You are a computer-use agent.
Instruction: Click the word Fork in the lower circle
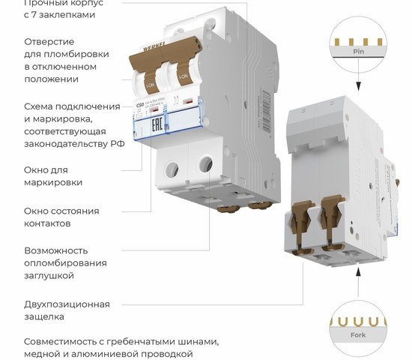point(359,336)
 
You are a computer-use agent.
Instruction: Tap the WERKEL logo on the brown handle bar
point(156,61)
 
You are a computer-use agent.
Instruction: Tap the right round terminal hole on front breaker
point(205,162)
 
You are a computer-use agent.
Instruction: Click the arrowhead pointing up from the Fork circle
point(359,276)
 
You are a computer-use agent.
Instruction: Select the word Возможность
point(56,250)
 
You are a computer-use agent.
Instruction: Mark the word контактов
point(48,223)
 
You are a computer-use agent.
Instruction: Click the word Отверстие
point(49,41)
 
